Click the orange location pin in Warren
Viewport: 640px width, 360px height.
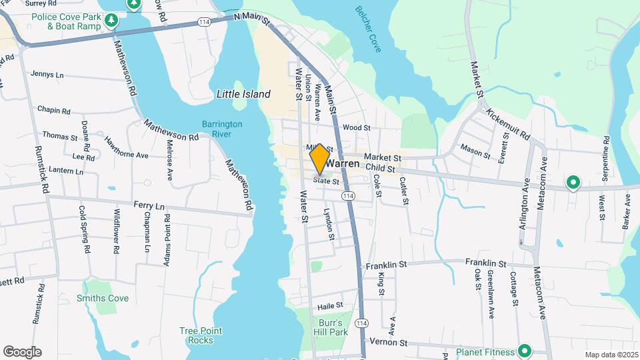coord(319,158)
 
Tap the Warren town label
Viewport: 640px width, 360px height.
coord(343,163)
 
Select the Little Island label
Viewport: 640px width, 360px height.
coord(243,95)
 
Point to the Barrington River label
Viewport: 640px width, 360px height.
coord(223,129)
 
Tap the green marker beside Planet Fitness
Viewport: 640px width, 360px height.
coord(525,351)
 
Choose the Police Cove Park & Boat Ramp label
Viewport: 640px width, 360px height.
coord(73,21)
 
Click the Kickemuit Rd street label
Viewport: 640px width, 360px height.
coord(507,124)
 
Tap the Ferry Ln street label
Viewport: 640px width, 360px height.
coord(149,207)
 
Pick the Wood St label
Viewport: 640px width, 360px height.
coord(356,127)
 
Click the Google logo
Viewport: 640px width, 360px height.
coord(22,351)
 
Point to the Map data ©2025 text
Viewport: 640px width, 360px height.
coord(610,355)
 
